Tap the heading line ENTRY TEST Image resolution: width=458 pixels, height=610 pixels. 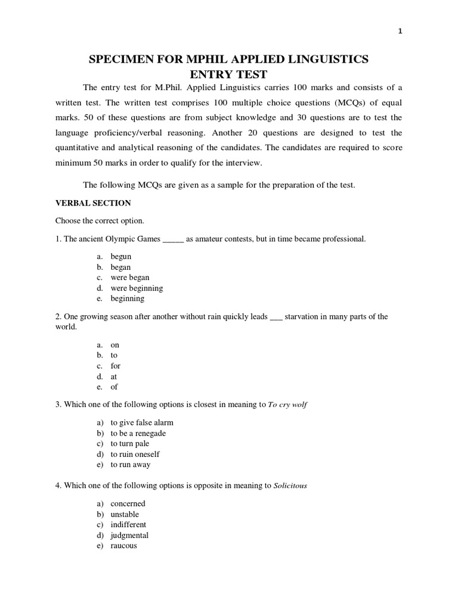click(228, 74)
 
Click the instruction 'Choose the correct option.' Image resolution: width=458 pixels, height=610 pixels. click(100, 221)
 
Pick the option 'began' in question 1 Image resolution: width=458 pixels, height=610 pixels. click(120, 267)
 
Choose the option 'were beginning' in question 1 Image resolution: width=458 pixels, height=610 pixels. click(137, 288)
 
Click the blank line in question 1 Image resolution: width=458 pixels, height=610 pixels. click(174, 240)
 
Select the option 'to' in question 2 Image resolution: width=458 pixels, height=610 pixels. click(114, 356)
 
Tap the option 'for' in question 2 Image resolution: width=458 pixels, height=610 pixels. click(116, 366)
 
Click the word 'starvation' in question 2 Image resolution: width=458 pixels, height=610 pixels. click(304, 317)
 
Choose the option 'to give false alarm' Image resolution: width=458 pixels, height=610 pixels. click(142, 422)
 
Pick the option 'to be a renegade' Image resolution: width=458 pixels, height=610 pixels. click(138, 433)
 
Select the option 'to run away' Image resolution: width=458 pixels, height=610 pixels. click(130, 465)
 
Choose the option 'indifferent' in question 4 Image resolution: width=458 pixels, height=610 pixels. click(128, 525)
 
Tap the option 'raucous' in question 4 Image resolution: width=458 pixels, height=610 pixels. click(123, 546)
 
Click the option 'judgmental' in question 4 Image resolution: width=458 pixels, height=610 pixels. click(129, 536)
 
